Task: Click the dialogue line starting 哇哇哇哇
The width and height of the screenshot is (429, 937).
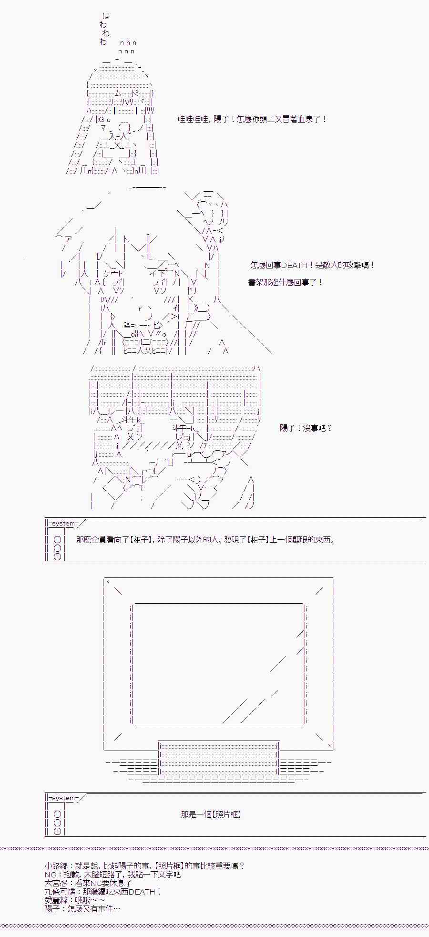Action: pyautogui.click(x=253, y=119)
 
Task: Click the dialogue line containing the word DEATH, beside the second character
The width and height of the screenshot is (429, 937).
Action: pyautogui.click(x=313, y=265)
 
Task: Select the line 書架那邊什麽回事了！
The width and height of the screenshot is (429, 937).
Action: pyautogui.click(x=286, y=282)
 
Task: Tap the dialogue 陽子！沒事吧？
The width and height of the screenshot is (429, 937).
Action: pyautogui.click(x=306, y=428)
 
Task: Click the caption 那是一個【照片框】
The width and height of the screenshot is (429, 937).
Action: pyautogui.click(x=211, y=814)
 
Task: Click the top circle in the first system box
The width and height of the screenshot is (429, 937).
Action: pyautogui.click(x=57, y=540)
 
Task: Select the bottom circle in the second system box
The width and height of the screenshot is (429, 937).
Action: pyautogui.click(x=57, y=832)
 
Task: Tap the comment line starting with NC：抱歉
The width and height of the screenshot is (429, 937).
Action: pyautogui.click(x=113, y=875)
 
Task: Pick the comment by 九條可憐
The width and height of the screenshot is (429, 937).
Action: pyautogui.click(x=103, y=892)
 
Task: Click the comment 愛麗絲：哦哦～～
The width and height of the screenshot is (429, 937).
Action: pyautogui.click(x=74, y=900)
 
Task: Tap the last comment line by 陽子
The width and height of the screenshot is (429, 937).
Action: pyautogui.click(x=82, y=909)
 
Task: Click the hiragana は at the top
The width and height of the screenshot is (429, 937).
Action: pyautogui.click(x=106, y=16)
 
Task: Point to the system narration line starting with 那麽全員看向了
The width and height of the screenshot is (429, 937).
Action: pyautogui.click(x=205, y=540)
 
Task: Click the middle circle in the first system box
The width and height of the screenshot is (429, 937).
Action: pyautogui.click(x=57, y=548)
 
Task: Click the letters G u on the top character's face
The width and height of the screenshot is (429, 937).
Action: pyautogui.click(x=104, y=120)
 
